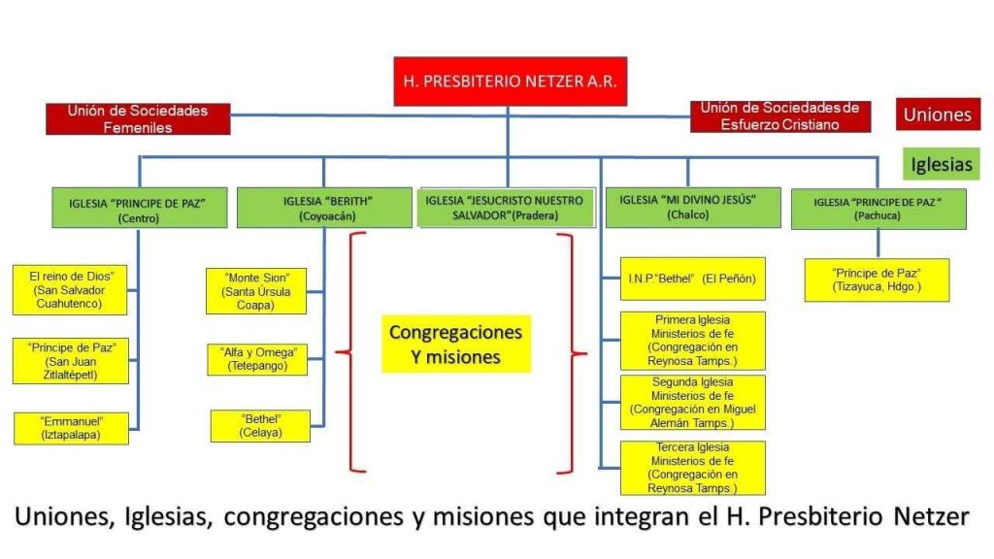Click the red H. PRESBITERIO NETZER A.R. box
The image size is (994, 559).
click(x=511, y=82)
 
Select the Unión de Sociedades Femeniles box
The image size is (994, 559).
click(x=138, y=119)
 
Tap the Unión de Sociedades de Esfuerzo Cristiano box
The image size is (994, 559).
click(x=780, y=116)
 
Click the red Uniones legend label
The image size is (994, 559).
click(x=938, y=115)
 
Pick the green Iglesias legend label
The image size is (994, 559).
click(x=942, y=164)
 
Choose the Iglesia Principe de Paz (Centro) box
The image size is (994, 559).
click(x=140, y=208)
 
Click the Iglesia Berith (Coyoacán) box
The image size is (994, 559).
click(x=324, y=208)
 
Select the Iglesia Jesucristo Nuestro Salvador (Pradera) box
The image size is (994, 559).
click(x=506, y=208)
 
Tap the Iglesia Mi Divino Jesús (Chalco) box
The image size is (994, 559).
click(x=693, y=208)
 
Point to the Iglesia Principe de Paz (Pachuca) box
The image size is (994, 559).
click(x=878, y=209)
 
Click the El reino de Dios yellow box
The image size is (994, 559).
click(x=70, y=289)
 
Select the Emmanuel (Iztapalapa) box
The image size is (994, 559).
click(x=71, y=428)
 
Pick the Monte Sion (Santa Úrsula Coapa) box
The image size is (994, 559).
click(x=256, y=291)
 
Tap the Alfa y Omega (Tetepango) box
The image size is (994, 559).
click(x=257, y=359)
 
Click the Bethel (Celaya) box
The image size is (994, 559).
click(x=260, y=426)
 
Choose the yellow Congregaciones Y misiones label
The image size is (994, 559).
click(x=456, y=345)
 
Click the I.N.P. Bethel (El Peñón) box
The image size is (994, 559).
click(x=693, y=279)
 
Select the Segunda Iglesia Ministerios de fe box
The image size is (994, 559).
click(x=693, y=403)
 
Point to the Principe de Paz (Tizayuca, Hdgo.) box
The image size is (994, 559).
click(x=878, y=280)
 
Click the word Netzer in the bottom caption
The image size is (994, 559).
click(x=931, y=516)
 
